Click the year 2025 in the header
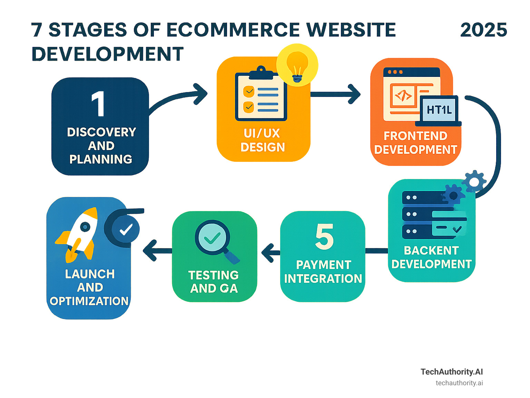coord(483,30)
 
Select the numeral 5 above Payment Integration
coord(324,237)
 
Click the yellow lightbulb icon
coord(297,65)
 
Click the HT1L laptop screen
coord(439,110)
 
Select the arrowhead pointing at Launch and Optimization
coord(150,250)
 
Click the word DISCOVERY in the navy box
coord(101,132)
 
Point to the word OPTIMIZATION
coord(89,301)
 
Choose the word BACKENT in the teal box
coord(431,250)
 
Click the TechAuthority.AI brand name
coord(451,372)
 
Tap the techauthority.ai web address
coord(459,383)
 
